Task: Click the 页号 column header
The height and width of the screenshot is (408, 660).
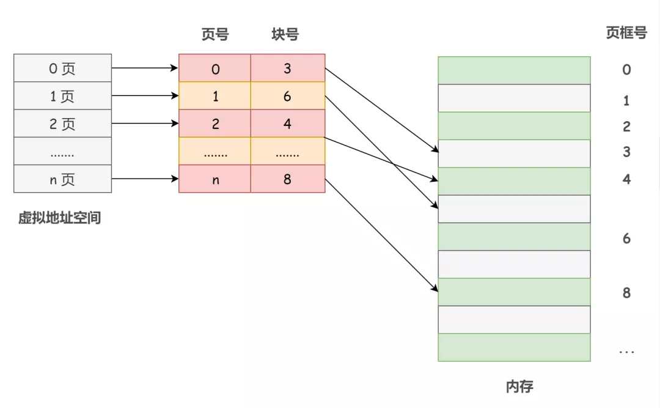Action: [215, 34]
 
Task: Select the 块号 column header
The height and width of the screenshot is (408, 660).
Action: [285, 34]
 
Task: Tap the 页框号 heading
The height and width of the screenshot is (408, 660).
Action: [626, 33]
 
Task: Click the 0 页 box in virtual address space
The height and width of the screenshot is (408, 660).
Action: [62, 69]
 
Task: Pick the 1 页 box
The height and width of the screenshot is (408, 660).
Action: [62, 96]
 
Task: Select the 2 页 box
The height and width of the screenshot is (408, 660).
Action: [62, 124]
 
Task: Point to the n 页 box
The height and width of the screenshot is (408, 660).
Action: [62, 180]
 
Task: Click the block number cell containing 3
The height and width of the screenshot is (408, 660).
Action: [287, 69]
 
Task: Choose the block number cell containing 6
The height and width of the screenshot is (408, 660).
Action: [287, 96]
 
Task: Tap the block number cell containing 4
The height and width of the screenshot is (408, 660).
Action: [287, 124]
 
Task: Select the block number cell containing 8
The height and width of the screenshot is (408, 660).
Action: [287, 180]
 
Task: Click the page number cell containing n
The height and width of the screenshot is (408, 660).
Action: [215, 180]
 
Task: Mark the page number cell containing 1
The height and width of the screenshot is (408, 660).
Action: [215, 96]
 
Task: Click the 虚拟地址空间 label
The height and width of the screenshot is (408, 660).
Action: [59, 218]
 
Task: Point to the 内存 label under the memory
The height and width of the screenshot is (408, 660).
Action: [519, 387]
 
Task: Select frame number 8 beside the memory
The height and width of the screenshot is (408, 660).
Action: [626, 293]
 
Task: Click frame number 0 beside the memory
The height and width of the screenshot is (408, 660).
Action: [626, 70]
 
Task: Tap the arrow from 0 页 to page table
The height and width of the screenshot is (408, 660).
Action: [145, 69]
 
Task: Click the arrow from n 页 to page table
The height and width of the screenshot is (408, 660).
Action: [145, 179]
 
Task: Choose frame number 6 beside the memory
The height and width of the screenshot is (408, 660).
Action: [626, 239]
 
